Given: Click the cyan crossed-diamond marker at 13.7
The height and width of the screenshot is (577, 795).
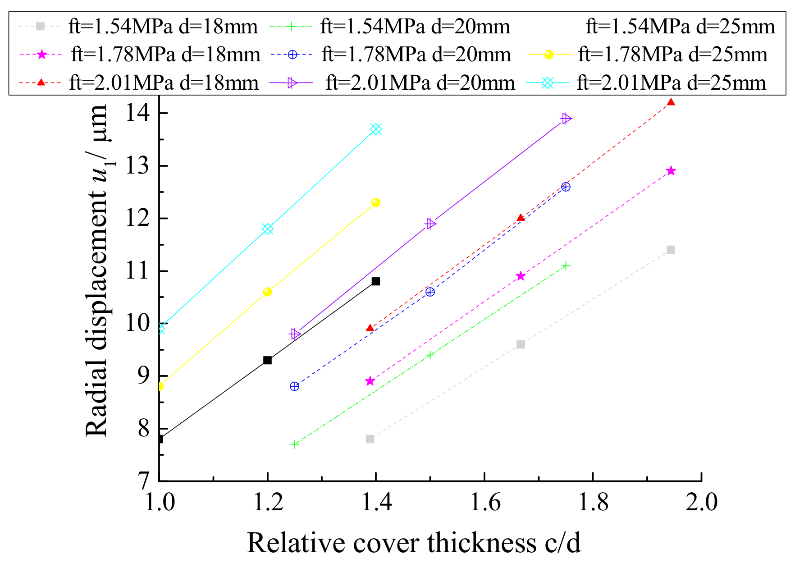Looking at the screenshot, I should tap(376, 129).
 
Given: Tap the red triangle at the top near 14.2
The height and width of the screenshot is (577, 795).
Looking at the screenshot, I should tap(671, 102).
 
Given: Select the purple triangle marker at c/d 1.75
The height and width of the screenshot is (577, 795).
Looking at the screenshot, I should tap(566, 119).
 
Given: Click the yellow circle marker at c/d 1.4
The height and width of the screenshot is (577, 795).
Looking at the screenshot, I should tap(375, 203).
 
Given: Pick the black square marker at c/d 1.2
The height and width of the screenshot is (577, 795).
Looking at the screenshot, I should tap(267, 360).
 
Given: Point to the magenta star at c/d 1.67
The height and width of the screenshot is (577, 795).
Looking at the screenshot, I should tap(521, 276).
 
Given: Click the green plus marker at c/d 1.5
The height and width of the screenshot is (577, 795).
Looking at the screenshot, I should tap(430, 355).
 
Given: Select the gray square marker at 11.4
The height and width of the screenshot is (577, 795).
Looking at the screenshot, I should tap(671, 250).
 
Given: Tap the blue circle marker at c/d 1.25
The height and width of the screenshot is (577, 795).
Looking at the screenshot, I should tap(294, 386).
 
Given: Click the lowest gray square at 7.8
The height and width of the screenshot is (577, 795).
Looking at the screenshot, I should tap(370, 439).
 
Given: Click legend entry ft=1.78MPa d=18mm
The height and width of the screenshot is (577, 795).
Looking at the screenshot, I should tap(165, 55).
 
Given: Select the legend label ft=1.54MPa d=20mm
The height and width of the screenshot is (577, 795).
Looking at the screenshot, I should tap(415, 27).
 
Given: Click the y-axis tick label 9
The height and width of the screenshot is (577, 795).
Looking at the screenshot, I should tap(143, 376).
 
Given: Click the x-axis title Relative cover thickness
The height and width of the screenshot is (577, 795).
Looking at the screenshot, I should tap(413, 543).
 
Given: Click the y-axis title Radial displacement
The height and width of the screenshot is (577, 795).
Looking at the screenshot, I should tap(97, 270).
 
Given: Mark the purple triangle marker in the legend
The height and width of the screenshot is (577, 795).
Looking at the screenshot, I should tap(292, 83).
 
